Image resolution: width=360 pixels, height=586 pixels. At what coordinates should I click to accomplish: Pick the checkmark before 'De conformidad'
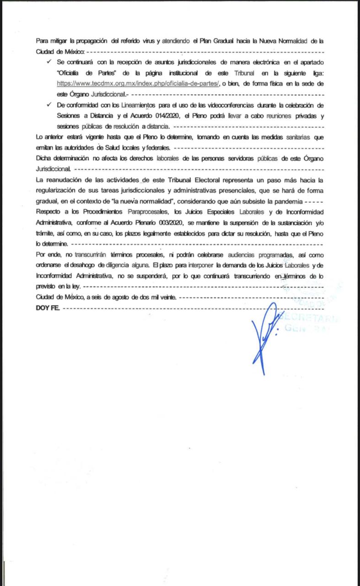pyautogui.click(x=48, y=105)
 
